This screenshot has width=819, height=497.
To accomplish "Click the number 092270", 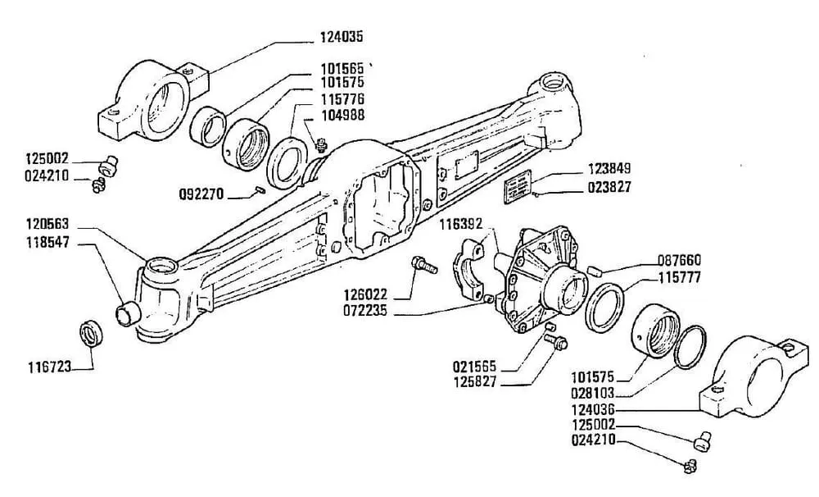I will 201,194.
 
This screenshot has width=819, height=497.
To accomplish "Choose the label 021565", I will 475,366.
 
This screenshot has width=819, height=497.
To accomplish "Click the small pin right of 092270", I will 257,193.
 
